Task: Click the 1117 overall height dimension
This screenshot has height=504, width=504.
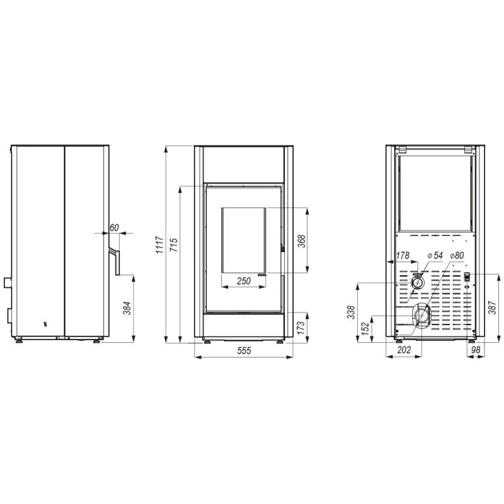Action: [x=160, y=245]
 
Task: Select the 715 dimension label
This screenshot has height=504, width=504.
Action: [x=174, y=245]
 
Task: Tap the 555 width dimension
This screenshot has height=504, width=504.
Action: [x=244, y=350]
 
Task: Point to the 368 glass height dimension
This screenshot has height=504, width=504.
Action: [x=302, y=241]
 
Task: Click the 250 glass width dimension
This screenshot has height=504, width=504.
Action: [x=244, y=281]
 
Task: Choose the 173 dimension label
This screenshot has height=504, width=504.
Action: [x=301, y=328]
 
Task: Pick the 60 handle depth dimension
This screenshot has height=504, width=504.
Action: [x=114, y=227]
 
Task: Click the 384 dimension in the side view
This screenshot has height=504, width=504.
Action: [x=127, y=308]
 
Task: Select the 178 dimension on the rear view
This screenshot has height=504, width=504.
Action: [x=403, y=256]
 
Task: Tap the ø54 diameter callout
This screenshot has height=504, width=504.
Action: [x=435, y=256]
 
